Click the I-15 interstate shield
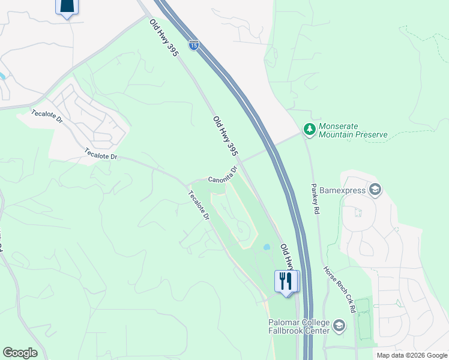[193, 45]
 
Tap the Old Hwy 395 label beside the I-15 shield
[164, 38]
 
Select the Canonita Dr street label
[223, 175]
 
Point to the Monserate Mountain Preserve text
[353, 131]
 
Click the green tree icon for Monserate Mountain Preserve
[309, 129]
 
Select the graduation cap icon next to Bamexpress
[375, 190]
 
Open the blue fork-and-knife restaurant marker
[286, 281]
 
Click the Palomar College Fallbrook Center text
[299, 326]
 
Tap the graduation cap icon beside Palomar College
[339, 326]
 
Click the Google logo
[20, 352]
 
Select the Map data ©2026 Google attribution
[411, 355]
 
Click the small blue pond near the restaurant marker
[266, 247]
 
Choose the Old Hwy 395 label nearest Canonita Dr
[226, 137]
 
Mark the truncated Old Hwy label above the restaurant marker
[288, 255]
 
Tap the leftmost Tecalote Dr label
[47, 116]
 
